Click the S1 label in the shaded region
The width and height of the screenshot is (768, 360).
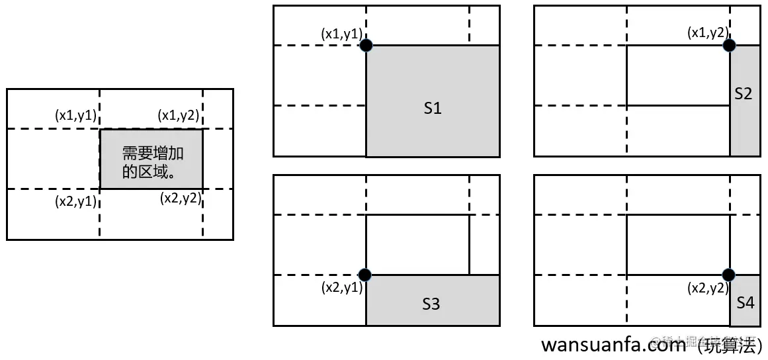pos(432,109)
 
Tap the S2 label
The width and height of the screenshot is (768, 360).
pos(744,94)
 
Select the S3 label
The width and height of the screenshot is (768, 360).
pos(431,304)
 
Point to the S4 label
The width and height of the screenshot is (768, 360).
pos(745,303)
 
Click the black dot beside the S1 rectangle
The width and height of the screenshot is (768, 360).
pos(366,46)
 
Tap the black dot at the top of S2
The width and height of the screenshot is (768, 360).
pos(729,46)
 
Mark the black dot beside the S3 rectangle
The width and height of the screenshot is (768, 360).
pos(364,275)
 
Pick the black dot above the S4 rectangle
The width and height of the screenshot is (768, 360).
pos(729,275)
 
